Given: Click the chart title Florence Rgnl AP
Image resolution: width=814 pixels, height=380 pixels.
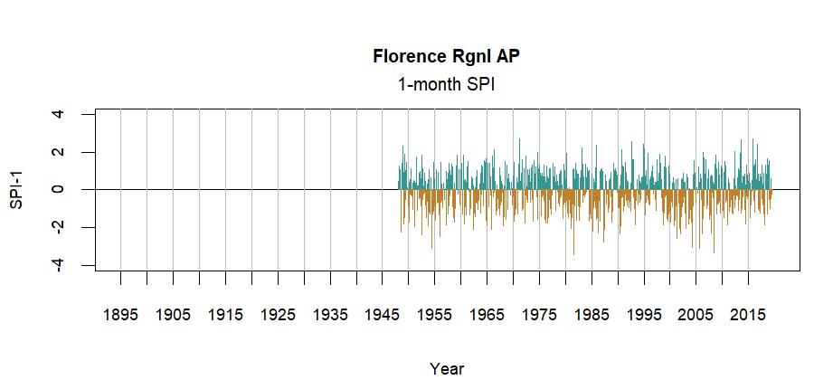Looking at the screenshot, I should point(447,57).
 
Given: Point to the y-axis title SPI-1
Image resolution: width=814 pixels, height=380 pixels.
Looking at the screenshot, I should point(16,189).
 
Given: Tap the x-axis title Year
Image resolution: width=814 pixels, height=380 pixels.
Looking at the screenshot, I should point(447,368).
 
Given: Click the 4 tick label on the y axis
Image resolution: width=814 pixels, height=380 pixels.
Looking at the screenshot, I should point(58,114).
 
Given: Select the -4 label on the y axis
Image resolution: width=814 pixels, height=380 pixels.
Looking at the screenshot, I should point(58,264).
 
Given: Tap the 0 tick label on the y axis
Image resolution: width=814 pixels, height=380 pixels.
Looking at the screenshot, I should point(58,189).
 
